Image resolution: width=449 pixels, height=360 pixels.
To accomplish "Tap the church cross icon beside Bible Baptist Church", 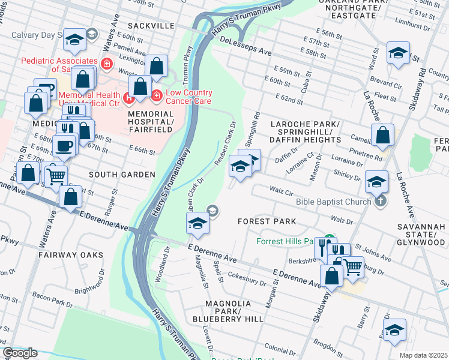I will coord(379,202).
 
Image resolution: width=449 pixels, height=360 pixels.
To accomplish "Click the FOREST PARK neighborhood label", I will coord(267,221).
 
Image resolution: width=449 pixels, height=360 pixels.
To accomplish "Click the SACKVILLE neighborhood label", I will coord(150,27).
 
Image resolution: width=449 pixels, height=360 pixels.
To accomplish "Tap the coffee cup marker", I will coord(64,145).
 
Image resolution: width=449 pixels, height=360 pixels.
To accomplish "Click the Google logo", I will coord(20,353).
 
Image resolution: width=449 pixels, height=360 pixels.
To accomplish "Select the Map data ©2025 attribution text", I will coord(423,355).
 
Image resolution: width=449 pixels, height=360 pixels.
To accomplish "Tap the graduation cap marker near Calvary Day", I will coord(74,40).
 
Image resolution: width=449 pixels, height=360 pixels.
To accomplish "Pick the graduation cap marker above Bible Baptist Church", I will coord(376,181).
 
